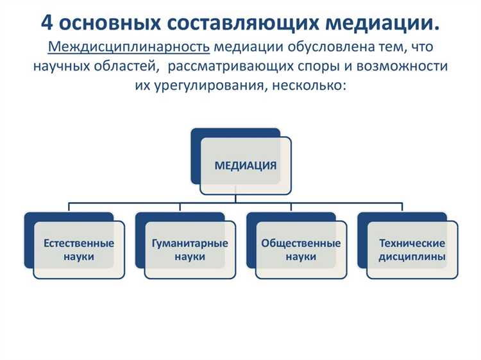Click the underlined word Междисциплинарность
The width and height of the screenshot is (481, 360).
point(129,47)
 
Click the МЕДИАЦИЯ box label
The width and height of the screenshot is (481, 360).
point(246,166)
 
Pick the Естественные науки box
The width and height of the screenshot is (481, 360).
point(79,250)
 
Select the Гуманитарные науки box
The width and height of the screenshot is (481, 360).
point(190,250)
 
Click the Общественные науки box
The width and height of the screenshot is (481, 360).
point(301,250)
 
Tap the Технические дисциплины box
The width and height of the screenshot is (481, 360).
point(412,250)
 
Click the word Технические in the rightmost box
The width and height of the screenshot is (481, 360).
point(412,244)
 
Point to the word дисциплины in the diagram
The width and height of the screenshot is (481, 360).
point(412,257)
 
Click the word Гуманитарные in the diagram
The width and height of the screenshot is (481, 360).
point(190,244)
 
